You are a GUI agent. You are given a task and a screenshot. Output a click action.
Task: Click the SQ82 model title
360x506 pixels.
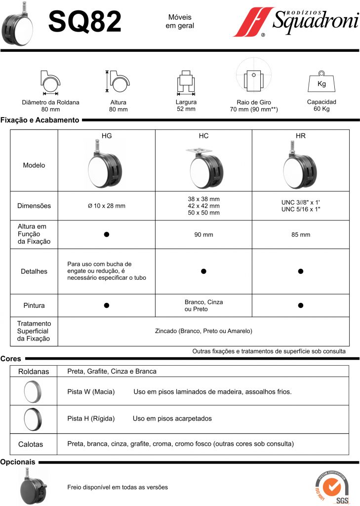[85, 22]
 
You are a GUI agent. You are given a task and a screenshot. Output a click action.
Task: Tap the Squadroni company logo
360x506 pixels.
[295, 22]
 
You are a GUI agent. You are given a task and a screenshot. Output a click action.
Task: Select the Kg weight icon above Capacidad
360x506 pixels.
[321, 83]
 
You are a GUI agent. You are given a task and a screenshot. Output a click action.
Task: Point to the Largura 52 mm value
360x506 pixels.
[186, 109]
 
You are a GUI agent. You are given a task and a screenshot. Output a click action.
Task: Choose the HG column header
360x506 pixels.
[107, 135]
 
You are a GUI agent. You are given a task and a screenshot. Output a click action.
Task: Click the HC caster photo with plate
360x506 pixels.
[203, 168]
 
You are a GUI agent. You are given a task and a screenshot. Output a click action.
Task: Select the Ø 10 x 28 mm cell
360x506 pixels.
[107, 206]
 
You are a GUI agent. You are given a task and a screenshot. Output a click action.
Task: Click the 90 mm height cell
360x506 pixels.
[203, 235]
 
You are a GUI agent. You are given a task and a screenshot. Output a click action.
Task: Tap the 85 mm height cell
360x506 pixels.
[301, 235]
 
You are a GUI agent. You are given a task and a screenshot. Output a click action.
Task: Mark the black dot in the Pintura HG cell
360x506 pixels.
[107, 305]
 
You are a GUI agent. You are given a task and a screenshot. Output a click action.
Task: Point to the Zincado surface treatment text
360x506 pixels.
[203, 331]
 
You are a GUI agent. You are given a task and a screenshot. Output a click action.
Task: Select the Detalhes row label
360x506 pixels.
[34, 271]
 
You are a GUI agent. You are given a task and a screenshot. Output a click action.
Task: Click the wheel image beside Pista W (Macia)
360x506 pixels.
[34, 392]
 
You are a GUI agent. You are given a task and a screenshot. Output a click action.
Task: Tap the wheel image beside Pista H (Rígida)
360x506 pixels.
[34, 419]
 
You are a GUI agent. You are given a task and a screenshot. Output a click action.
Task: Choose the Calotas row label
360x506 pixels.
[34, 444]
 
